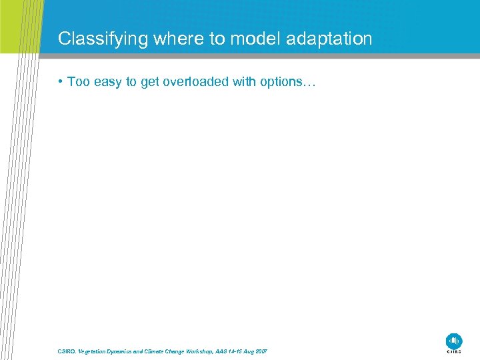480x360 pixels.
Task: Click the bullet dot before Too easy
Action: coord(61,82)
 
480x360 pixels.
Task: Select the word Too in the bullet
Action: coord(78,82)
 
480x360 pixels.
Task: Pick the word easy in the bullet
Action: coord(108,82)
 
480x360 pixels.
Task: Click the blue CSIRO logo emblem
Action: coord(454,340)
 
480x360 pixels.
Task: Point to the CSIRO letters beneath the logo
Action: coord(454,351)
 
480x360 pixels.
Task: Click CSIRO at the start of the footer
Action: coord(67,351)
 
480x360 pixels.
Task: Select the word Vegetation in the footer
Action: coord(96,351)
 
